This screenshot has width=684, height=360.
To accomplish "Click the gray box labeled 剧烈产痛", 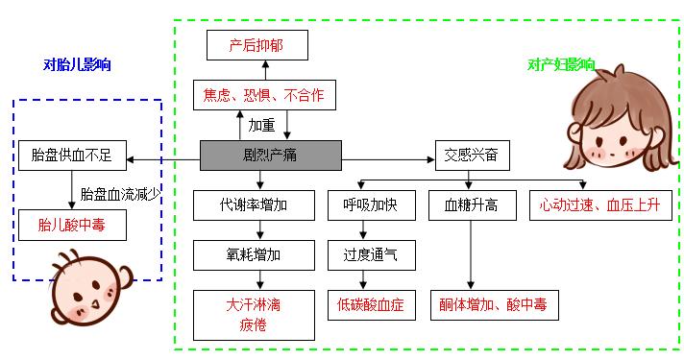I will (270, 154).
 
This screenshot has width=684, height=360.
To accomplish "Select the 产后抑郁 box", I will (256, 45).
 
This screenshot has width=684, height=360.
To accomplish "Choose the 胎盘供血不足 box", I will (72, 154).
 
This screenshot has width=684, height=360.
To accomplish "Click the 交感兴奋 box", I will (472, 154).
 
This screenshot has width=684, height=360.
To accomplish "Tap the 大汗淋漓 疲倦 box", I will (255, 314).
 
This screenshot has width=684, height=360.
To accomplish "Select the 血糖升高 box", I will (471, 204).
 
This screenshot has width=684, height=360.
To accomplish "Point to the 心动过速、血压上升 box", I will (598, 204).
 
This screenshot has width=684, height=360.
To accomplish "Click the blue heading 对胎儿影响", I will (77, 65).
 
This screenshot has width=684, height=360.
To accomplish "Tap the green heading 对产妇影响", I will (559, 65).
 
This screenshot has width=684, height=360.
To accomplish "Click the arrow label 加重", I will (262, 126).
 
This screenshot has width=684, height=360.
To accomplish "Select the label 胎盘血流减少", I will (120, 193).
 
